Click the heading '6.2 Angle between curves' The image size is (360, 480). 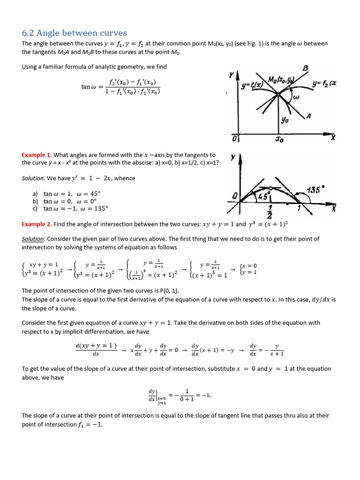point(75,33)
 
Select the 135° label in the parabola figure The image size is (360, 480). point(315,190)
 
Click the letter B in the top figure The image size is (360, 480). point(306,68)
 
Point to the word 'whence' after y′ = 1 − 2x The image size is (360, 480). point(125,178)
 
